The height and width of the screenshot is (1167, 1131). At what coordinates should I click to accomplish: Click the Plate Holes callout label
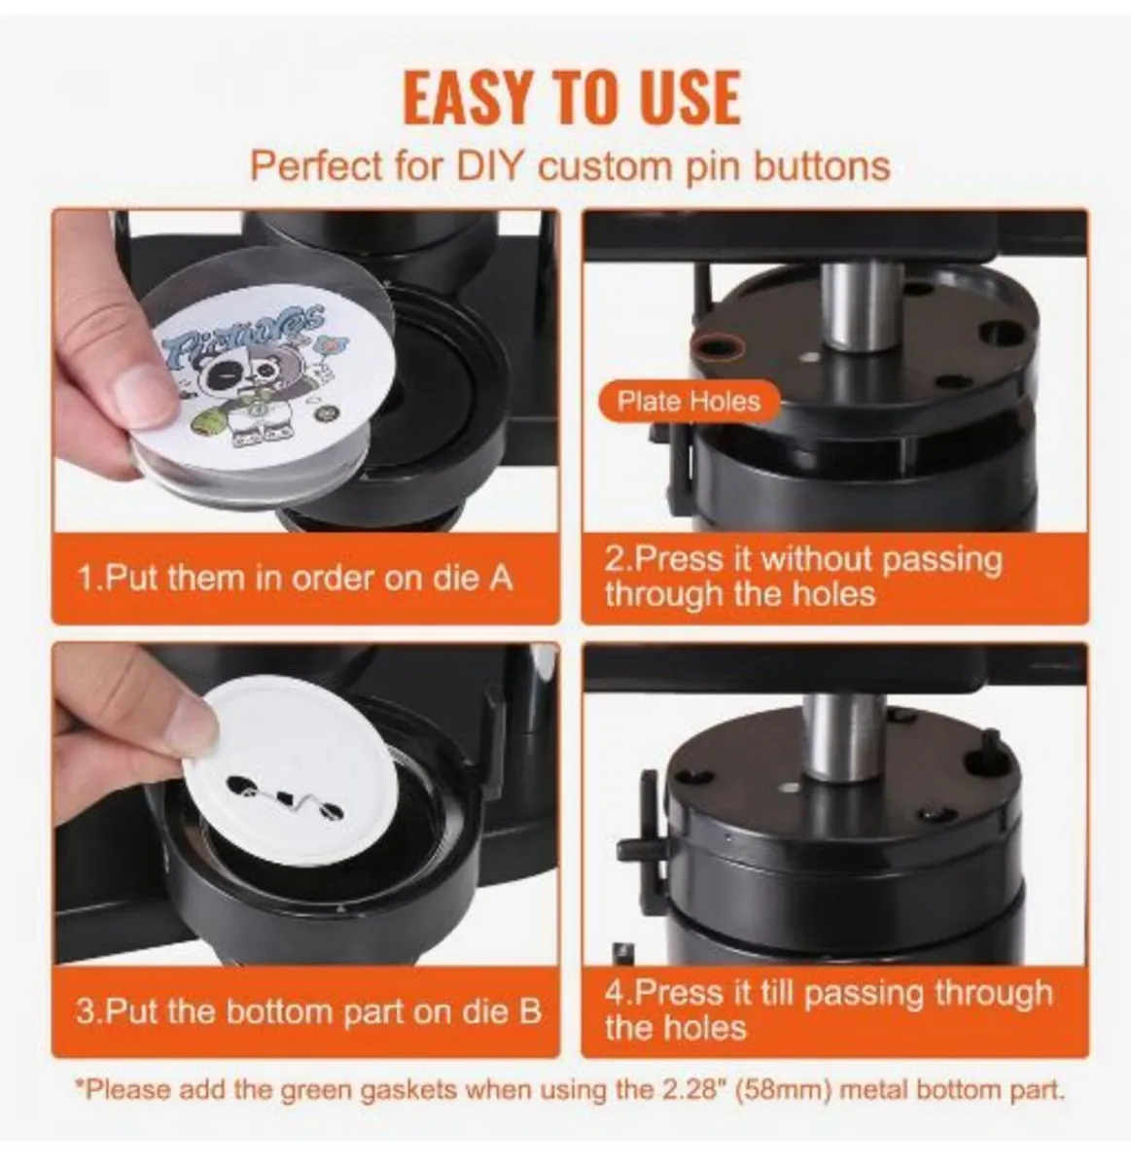689,401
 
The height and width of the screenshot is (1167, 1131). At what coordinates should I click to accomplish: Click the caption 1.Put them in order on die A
295,578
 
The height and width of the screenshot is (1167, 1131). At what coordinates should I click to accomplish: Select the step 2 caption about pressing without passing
802,576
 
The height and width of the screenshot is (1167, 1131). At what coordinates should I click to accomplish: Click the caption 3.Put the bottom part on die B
307,1011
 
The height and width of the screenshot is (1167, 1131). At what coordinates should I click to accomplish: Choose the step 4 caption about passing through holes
828,1009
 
